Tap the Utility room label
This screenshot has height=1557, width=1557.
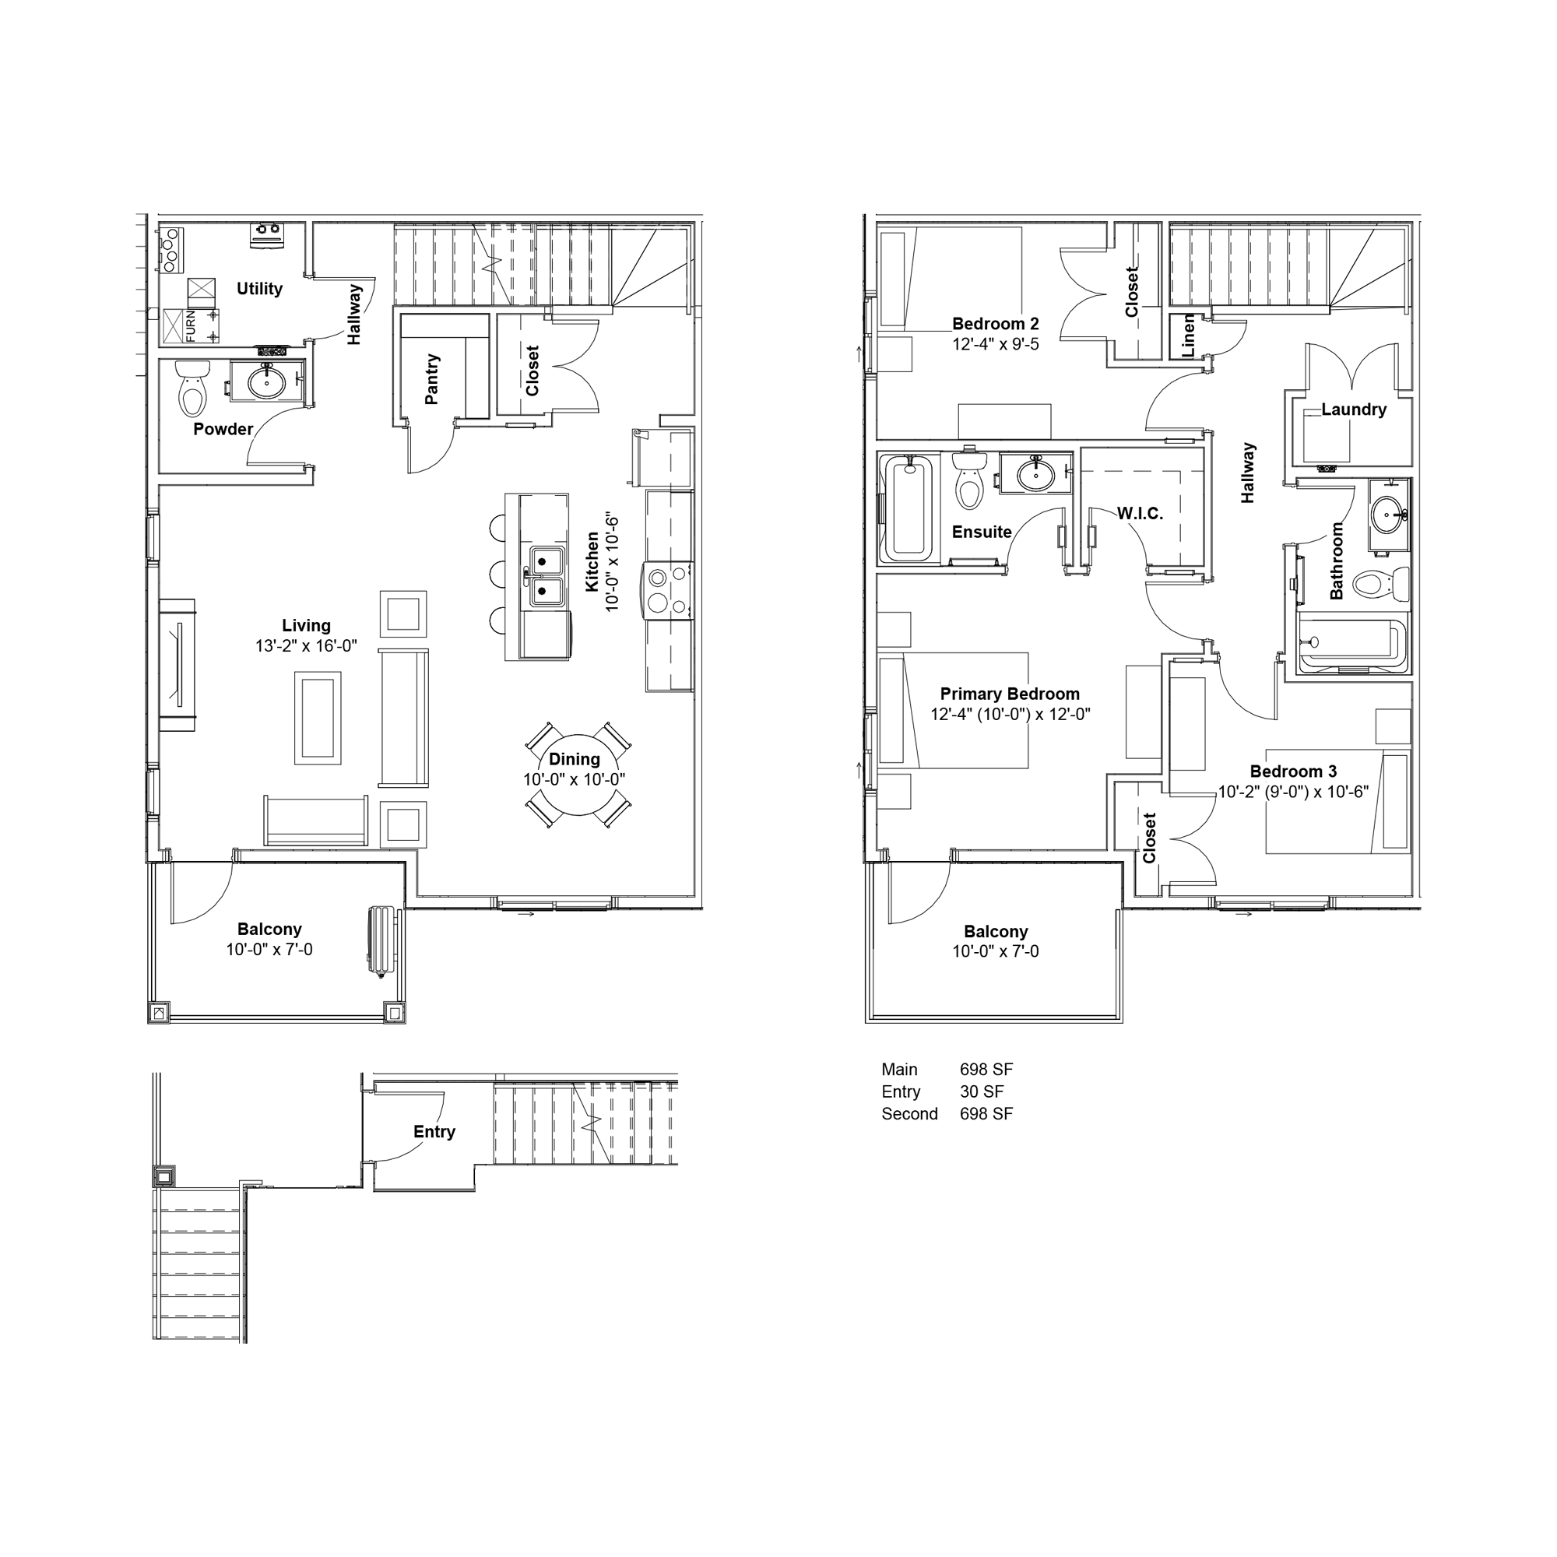tap(259, 289)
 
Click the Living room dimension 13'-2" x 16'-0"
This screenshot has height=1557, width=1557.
tap(306, 645)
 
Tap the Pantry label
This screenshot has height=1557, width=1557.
tap(432, 379)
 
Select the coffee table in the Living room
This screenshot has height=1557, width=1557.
tap(318, 718)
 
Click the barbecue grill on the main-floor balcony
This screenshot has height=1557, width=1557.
tap(382, 941)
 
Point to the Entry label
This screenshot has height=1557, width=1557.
tap(434, 1131)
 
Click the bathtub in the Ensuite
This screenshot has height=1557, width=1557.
tap(909, 508)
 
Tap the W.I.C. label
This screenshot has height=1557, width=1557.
tap(1140, 513)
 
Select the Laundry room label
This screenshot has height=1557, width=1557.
tap(1354, 409)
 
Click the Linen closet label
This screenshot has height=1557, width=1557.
tap(1188, 336)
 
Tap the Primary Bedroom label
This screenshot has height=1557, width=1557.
tap(1010, 694)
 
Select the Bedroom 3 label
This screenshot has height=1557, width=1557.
tap(1293, 771)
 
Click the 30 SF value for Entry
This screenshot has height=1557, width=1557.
tap(982, 1091)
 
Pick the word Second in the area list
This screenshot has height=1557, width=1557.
tap(910, 1114)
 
